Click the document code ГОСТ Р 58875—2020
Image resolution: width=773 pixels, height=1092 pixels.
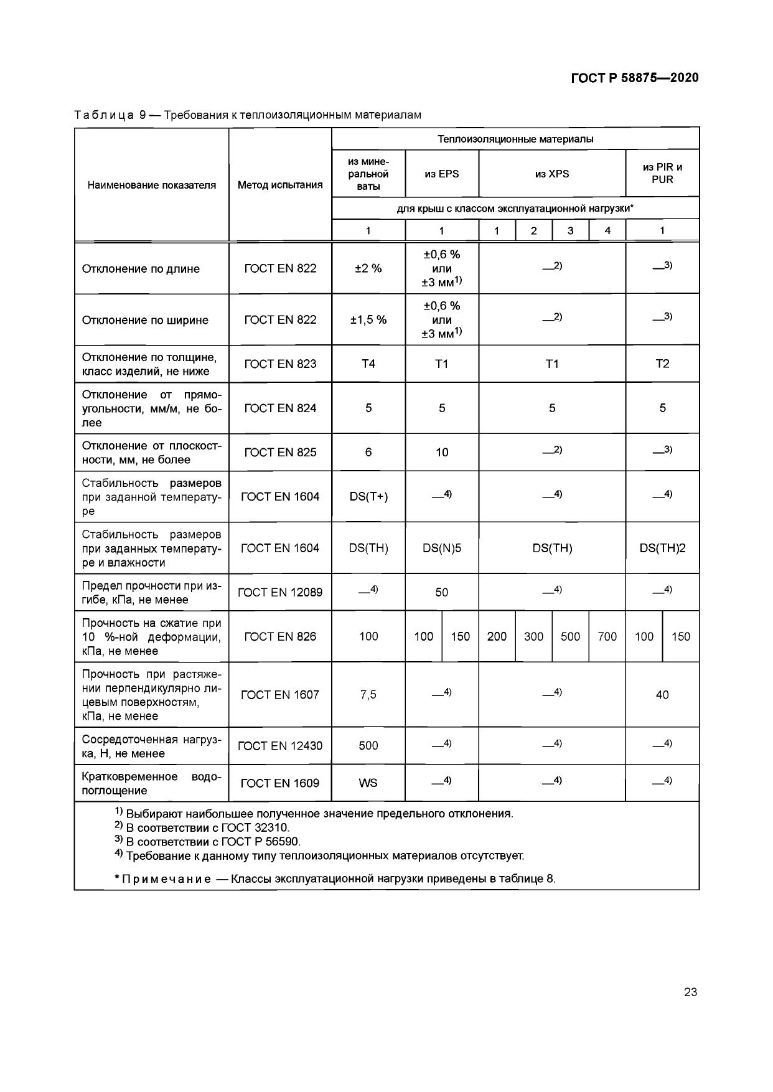634,78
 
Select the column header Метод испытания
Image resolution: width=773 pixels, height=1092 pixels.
280,185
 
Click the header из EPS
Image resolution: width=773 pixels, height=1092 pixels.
442,174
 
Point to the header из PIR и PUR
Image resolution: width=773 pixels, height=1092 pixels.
662,173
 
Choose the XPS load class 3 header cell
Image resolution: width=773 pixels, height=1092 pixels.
570,230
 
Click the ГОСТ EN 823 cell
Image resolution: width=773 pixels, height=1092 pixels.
280,364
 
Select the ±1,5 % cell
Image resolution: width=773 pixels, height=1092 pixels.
368,319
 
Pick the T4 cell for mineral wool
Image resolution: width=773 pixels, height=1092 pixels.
368,364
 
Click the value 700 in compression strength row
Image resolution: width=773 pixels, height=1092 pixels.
607,636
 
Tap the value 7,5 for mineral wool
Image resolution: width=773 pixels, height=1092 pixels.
368,694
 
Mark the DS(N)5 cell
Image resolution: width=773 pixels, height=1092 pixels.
442,548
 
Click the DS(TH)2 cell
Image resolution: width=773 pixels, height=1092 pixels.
662,548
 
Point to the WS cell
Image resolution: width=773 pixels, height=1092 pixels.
368,783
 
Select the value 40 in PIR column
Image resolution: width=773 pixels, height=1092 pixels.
662,694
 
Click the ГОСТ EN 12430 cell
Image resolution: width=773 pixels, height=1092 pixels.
280,745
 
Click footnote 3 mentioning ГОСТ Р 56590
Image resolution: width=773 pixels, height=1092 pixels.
208,842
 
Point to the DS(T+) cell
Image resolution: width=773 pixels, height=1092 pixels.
368,496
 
